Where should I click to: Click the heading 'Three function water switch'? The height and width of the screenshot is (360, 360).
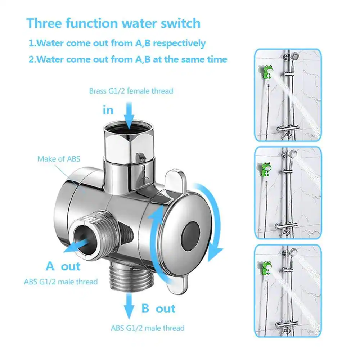[113, 23]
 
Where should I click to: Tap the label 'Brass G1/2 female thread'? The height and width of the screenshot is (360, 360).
[131, 91]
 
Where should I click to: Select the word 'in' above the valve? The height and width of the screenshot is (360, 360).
[108, 110]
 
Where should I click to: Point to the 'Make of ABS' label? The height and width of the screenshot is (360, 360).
[59, 158]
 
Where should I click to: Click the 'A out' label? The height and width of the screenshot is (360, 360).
[63, 266]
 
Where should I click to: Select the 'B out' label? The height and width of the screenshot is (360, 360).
[158, 309]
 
